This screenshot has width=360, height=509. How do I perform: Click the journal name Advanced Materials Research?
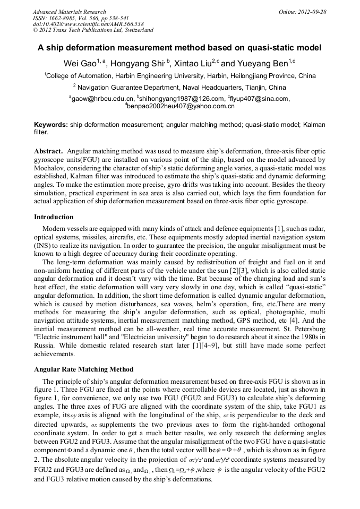(69, 12)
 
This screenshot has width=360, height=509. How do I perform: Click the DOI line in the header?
(88, 24)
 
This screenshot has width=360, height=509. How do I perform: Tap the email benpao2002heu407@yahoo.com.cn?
(181, 106)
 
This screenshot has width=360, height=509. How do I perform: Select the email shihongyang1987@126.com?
(182, 99)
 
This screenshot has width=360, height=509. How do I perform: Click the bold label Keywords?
(51, 124)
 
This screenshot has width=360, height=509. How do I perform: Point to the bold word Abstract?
(48, 151)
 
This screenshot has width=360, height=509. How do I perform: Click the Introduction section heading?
(54, 217)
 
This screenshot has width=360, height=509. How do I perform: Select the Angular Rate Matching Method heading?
(83, 369)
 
